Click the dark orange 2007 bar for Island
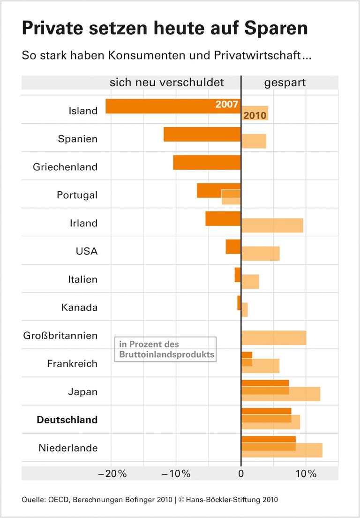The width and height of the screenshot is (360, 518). (x=159, y=106)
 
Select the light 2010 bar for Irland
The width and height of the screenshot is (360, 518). (x=272, y=225)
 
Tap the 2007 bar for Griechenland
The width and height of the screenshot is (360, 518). (x=207, y=162)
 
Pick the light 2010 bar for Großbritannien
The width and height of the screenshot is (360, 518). (x=273, y=338)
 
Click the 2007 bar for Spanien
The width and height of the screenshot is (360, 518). (x=202, y=134)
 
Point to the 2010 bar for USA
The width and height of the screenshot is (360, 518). (x=260, y=253)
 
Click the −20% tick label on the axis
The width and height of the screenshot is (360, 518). (x=112, y=473)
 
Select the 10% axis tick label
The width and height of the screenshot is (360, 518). (x=306, y=473)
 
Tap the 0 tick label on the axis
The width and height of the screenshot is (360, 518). (x=241, y=473)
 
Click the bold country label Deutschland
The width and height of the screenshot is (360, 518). (x=67, y=420)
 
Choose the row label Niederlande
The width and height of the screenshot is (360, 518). (x=68, y=448)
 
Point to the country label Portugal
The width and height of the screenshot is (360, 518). (x=77, y=195)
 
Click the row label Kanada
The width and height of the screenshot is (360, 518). (x=79, y=308)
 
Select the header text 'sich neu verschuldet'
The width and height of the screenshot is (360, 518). (x=167, y=83)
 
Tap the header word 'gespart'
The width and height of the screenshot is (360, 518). (x=285, y=83)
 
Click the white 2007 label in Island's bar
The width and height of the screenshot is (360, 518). (x=227, y=105)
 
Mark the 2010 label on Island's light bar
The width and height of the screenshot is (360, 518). (x=255, y=115)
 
